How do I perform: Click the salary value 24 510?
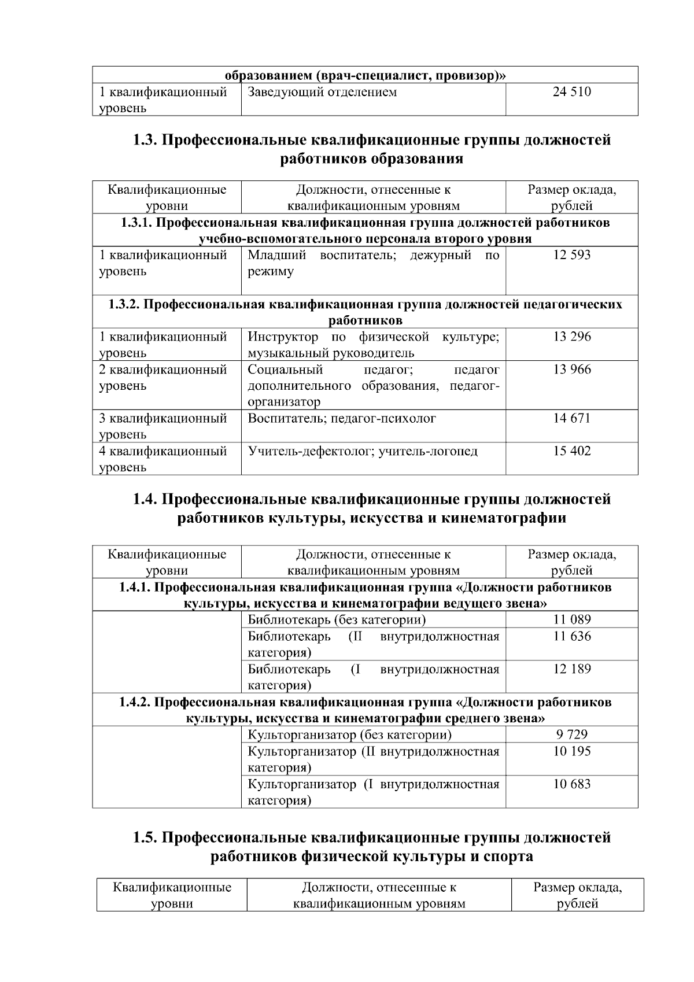[x=571, y=92]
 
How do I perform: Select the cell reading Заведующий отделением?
[x=322, y=92]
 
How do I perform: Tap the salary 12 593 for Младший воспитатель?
[x=571, y=255]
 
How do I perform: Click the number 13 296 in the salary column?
[x=571, y=337]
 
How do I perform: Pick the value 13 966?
[x=571, y=370]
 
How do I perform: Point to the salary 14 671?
[x=571, y=418]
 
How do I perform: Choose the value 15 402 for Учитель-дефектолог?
[x=571, y=451]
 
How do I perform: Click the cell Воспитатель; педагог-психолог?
[x=342, y=418]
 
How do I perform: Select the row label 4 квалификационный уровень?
[x=163, y=459]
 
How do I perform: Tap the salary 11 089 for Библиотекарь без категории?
[x=571, y=620]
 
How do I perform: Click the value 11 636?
[x=571, y=636]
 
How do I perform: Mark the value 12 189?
[x=571, y=669]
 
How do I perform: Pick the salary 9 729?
[x=571, y=734]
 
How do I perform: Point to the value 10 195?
[x=571, y=751]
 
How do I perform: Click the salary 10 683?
[x=571, y=784]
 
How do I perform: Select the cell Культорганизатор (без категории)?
[x=349, y=734]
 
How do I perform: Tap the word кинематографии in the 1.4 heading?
[x=503, y=518]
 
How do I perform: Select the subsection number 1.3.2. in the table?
[x=124, y=304]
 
